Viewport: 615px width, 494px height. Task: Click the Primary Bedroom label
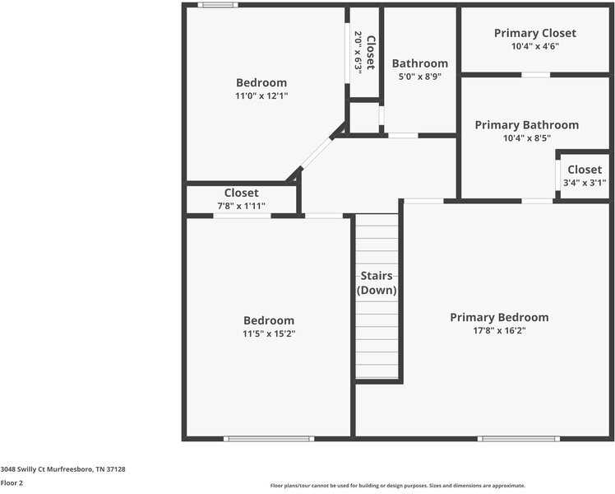[498, 317]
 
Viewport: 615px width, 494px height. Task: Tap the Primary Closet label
[534, 33]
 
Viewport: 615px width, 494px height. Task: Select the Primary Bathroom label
[526, 125]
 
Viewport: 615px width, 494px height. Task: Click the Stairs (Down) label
[377, 283]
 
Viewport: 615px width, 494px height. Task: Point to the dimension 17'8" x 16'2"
[498, 331]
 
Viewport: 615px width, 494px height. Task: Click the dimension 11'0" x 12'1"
[261, 96]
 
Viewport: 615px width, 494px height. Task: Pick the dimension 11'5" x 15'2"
[268, 334]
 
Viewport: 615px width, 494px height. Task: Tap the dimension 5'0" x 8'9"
[419, 77]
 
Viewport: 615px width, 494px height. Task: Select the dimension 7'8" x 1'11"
[241, 206]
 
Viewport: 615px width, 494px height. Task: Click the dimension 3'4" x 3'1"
[584, 183]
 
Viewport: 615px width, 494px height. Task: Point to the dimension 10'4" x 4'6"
[534, 47]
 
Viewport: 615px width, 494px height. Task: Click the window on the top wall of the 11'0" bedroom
[218, 5]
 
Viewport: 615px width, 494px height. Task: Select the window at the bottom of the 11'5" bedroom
[269, 438]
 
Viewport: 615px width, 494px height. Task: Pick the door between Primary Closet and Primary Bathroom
[535, 75]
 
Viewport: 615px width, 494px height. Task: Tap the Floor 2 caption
[12, 483]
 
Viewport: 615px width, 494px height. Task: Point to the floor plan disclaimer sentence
[397, 486]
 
